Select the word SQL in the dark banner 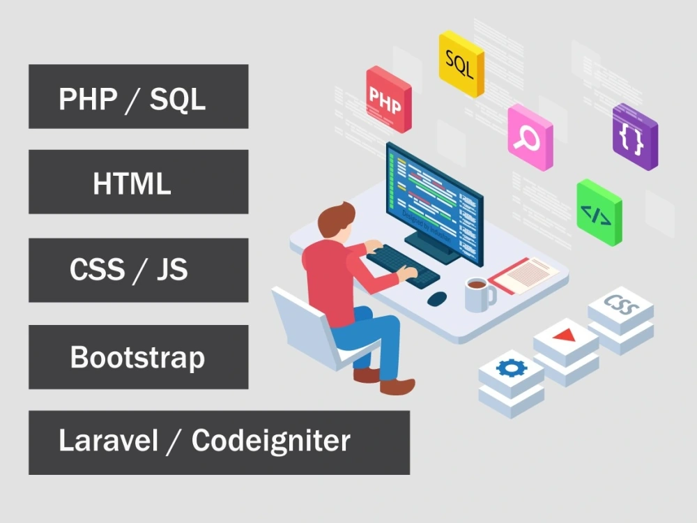point(178,99)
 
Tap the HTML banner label point(132,183)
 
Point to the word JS point(171,270)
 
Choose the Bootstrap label point(138,358)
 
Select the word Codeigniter point(270,441)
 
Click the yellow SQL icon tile point(460,63)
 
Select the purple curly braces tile point(634,137)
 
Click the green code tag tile point(598,213)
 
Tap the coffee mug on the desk point(478,293)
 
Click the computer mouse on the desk point(437,298)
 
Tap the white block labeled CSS point(620,305)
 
